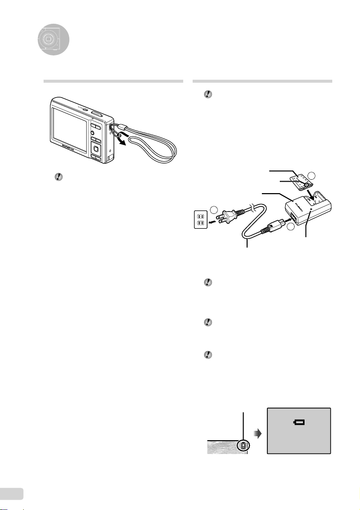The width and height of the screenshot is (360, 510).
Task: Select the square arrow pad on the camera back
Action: pyautogui.click(x=96, y=148)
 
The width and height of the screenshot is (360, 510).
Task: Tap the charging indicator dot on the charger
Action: pyautogui.click(x=310, y=209)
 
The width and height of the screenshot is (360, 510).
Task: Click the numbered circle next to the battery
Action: pyautogui.click(x=311, y=176)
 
